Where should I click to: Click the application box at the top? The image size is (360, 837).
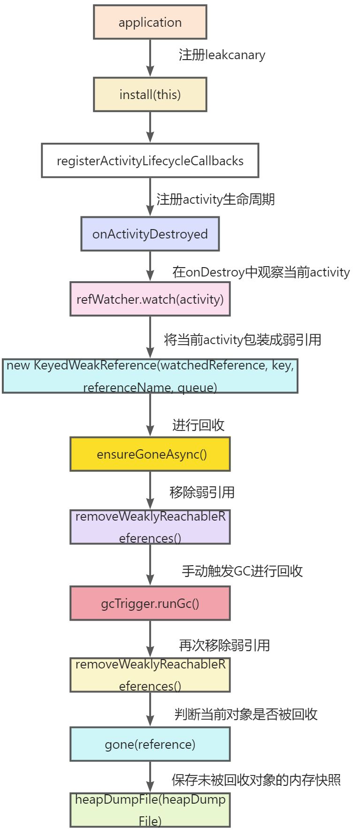coord(150,22)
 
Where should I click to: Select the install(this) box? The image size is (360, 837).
coord(150,94)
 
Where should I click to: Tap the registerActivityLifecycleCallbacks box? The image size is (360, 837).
coord(150,161)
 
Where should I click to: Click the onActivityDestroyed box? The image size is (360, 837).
coord(150,234)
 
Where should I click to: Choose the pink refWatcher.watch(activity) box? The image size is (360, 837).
coord(150,299)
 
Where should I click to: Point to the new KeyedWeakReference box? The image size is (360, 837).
coord(150,376)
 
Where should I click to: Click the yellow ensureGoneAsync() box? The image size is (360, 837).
coord(150,454)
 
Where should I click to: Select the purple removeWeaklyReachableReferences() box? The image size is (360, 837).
coord(150,527)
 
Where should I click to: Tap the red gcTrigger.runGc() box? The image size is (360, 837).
coord(150,603)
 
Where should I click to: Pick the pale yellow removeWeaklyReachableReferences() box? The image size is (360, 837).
coord(150,675)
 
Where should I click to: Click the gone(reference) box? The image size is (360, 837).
coord(150,744)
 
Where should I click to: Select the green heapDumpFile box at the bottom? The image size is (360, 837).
coord(150,810)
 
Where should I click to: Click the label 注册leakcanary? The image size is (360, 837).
coord(222,55)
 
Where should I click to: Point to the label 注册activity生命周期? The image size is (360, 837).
coord(215,199)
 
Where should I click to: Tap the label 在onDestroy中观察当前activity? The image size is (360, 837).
coord(261,272)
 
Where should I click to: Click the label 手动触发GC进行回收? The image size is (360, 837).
coord(242,571)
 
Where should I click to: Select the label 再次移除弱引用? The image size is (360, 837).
coord(224,645)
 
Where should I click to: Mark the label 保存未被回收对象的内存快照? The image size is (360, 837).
coord(256,780)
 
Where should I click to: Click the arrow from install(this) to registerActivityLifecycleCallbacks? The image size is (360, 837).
coord(150,127)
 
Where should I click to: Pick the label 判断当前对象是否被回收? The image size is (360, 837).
coord(246,714)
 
